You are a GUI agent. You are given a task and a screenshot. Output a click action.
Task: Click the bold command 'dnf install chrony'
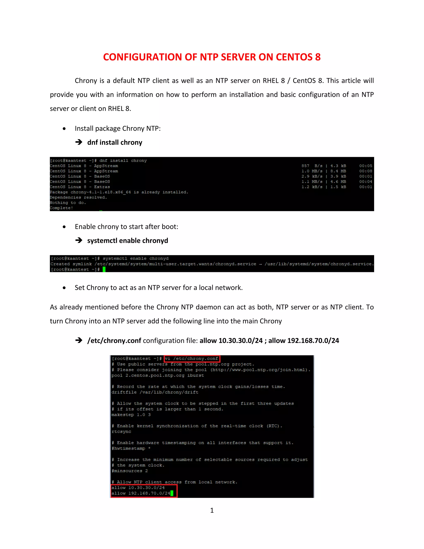pos(114,143)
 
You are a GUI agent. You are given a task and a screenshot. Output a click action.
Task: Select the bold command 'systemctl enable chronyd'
pos(128,241)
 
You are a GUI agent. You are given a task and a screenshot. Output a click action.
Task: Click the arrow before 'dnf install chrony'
pos(79,142)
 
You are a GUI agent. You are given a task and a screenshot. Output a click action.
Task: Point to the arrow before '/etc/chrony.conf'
pos(79,341)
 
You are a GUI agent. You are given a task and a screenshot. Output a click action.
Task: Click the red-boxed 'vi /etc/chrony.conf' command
pos(192,358)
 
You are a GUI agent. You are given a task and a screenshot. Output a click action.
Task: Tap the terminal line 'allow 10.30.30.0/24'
pos(138,487)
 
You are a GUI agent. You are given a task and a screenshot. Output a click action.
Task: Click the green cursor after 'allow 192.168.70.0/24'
pos(172,493)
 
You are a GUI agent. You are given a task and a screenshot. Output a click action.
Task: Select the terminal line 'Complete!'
pos(61,208)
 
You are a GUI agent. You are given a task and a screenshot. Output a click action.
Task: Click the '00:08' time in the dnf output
pos(365,171)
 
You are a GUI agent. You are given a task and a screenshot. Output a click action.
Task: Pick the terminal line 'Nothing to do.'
pos(68,203)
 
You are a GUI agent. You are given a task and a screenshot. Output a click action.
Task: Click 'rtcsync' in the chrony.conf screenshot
pos(121,431)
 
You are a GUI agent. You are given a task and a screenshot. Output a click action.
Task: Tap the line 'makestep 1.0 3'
pos(131,415)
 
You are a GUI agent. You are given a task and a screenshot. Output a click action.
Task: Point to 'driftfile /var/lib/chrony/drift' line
pos(155,392)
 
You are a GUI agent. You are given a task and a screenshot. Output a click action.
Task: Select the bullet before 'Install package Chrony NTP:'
pos(64,129)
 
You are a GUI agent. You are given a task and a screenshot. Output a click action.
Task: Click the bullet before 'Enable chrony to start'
pos(64,227)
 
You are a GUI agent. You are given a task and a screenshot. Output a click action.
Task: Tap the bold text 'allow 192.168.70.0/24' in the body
pos(304,341)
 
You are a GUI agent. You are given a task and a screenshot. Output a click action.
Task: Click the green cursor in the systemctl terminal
pos(104,270)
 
